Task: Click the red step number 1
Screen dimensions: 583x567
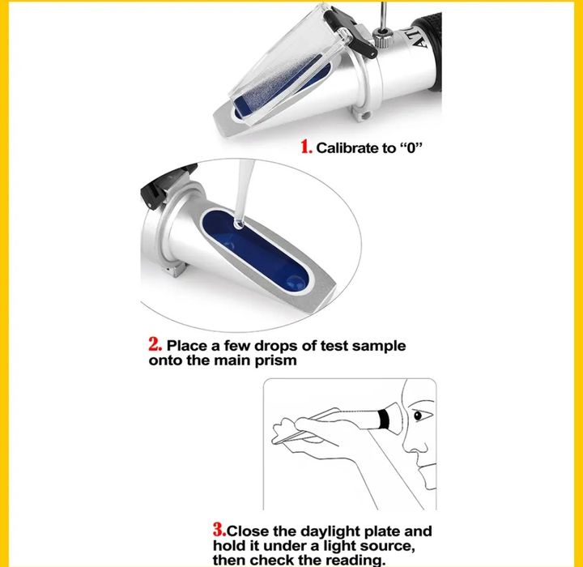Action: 306,147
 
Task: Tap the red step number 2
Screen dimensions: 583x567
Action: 155,344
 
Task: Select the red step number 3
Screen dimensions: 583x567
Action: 219,530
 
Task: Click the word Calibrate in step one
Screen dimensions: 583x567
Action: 347,148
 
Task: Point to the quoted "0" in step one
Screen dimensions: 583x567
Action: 411,148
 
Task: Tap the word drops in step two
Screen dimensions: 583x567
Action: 276,346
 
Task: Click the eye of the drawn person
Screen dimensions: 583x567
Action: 418,416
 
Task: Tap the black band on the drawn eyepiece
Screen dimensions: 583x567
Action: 384,419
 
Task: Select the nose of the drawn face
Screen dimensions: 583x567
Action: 408,444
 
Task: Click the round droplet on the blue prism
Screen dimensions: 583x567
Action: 296,283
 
